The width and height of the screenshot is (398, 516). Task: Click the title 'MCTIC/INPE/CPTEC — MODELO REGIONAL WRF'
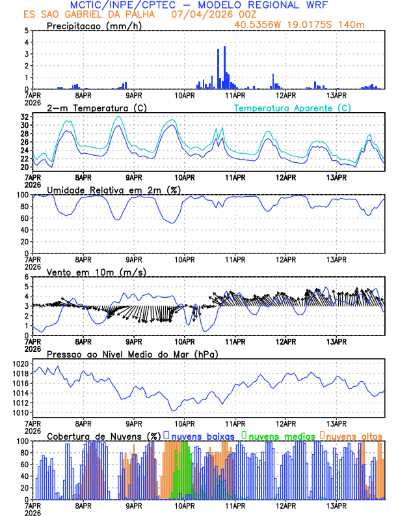coord(199,5)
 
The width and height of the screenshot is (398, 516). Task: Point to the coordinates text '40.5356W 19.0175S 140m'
coord(300,25)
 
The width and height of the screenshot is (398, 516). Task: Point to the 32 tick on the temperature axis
coord(24,117)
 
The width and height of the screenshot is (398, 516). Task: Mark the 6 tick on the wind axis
coord(26,277)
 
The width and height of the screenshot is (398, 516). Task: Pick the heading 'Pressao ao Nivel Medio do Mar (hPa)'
coord(132,354)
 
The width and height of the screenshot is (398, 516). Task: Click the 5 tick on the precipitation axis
coord(26,31)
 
